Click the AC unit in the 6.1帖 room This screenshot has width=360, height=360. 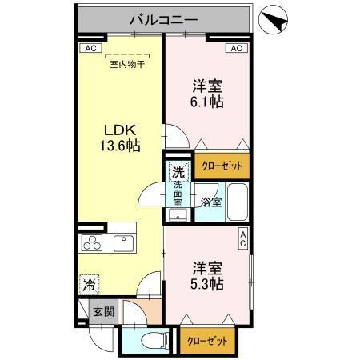tap(235, 48)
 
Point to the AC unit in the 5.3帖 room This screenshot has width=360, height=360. tap(244, 238)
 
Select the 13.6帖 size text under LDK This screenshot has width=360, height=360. tap(120, 147)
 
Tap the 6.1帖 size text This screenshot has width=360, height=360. tap(206, 102)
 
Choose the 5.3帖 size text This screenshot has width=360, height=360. tap(206, 283)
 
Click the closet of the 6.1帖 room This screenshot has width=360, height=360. tap(222, 165)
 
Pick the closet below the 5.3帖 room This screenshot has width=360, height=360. tap(207, 340)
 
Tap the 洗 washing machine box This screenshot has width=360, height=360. tap(179, 170)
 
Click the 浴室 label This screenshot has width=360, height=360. tap(210, 202)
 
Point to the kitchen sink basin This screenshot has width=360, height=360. tap(124, 243)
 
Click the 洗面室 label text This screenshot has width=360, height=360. tap(178, 194)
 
